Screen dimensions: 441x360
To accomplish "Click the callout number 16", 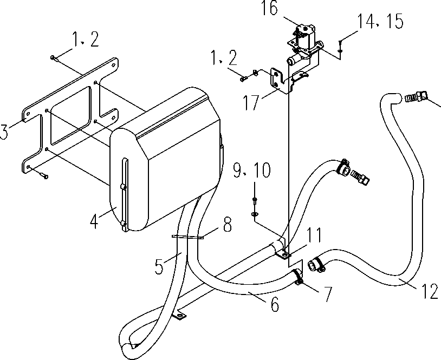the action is point(269,8).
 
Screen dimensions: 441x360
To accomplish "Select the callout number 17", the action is point(251,103).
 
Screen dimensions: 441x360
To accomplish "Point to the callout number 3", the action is point(3,132).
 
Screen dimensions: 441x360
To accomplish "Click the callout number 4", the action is point(94,221).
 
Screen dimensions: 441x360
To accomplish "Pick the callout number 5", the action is point(159,266).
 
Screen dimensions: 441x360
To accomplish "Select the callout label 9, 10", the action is point(252,170).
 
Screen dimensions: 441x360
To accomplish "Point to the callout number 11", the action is point(314,235).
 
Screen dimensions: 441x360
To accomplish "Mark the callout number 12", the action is point(430,291).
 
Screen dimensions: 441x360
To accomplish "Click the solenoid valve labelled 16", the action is point(305,41).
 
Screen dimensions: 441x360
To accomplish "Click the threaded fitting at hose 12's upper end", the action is point(416,96).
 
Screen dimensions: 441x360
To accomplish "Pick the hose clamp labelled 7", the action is point(297,277).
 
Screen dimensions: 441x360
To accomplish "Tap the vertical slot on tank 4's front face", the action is point(125,194).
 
